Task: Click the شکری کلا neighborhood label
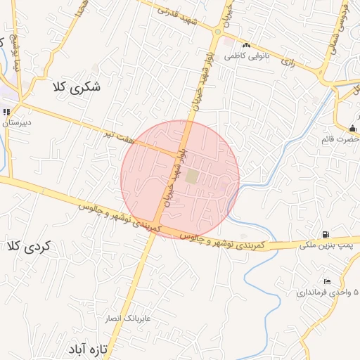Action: pyautogui.click(x=76, y=87)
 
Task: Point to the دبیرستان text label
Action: pyautogui.click(x=15, y=122)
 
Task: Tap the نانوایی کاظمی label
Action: pyautogui.click(x=243, y=55)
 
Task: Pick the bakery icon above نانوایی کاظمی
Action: pyautogui.click(x=246, y=45)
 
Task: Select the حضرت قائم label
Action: pyautogui.click(x=342, y=139)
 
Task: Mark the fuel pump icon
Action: pyautogui.click(x=325, y=234)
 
